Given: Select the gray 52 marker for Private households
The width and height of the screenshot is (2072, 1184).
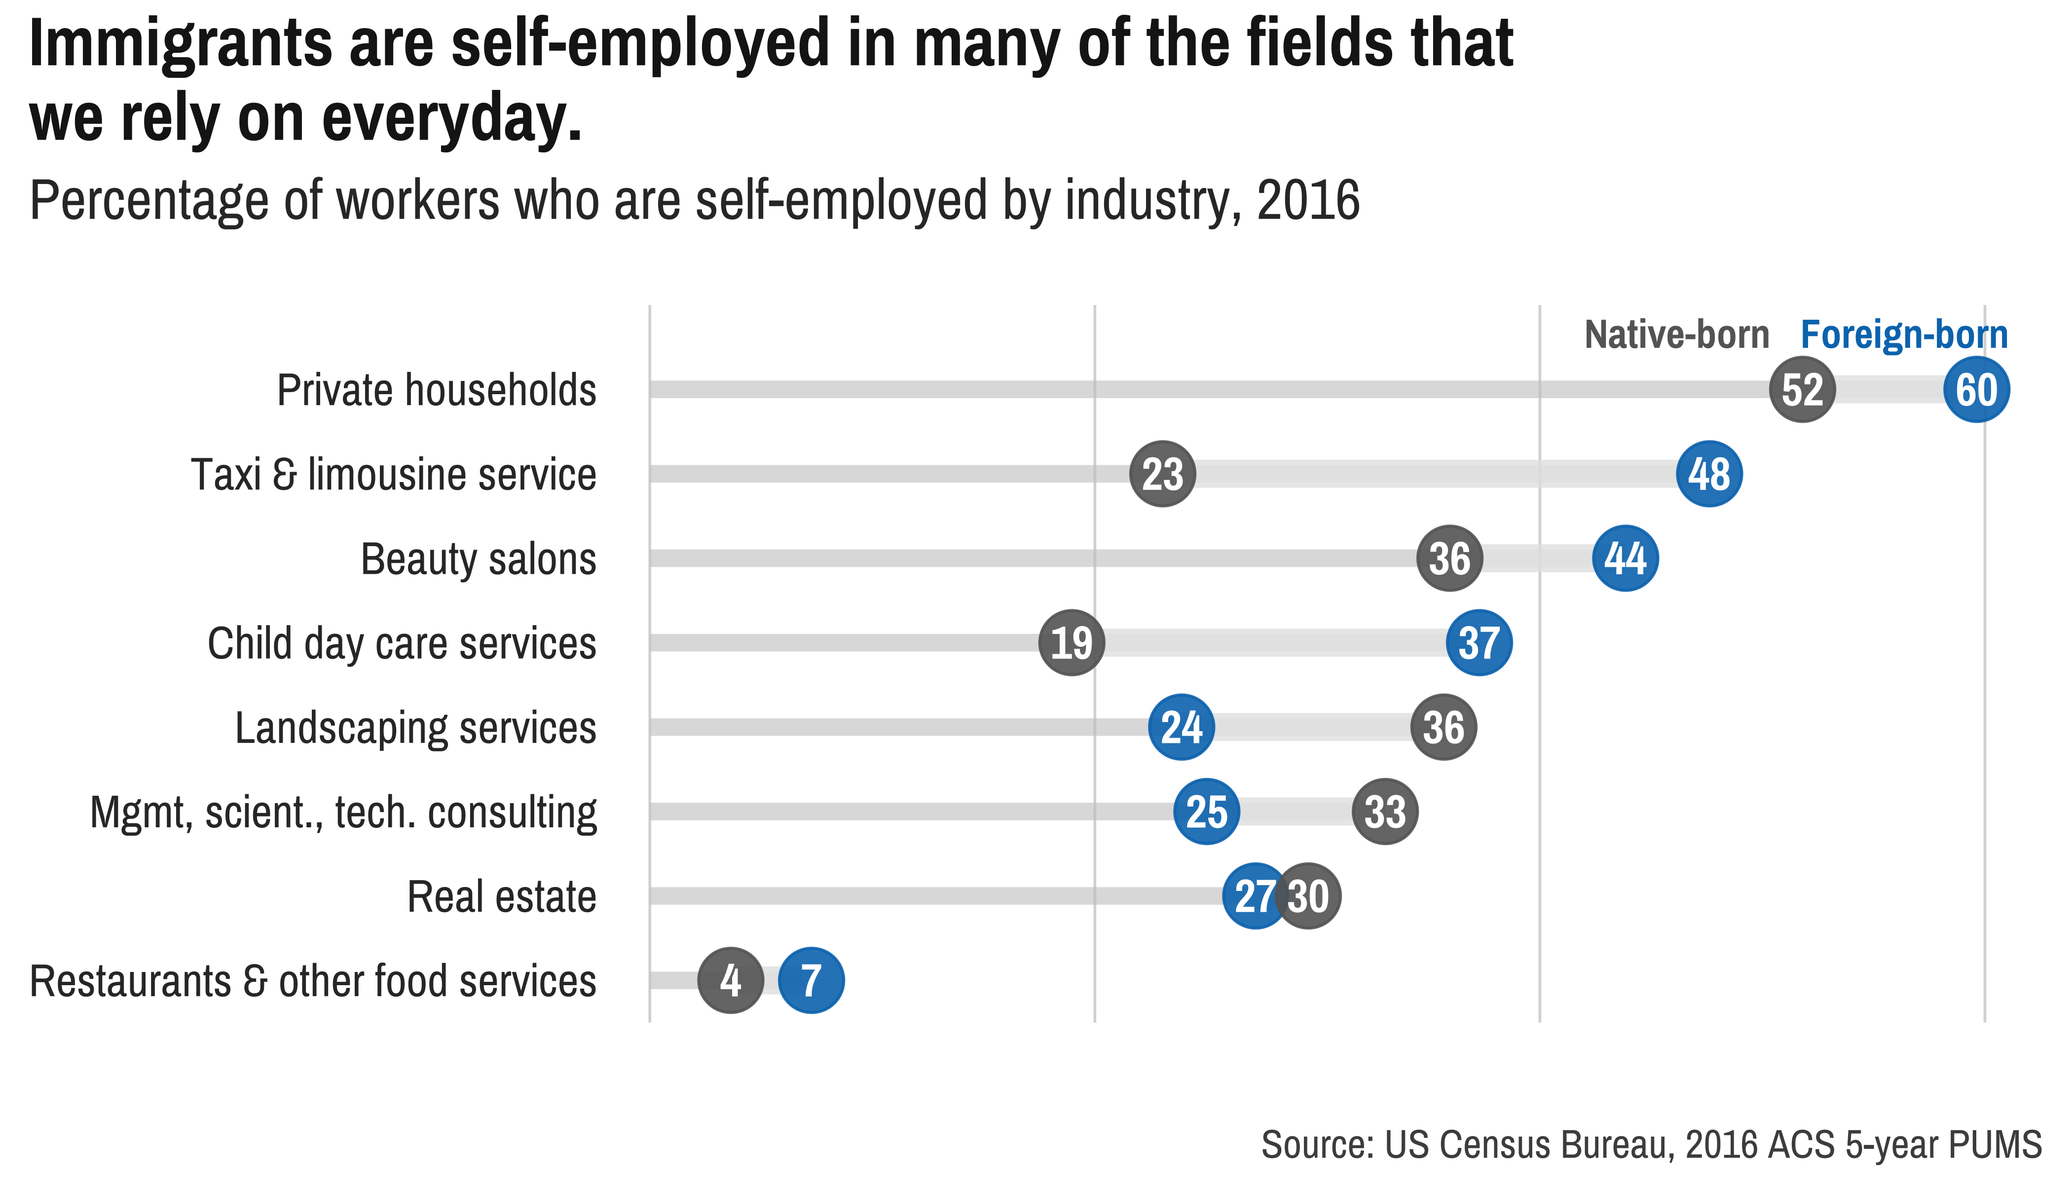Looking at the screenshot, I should (1802, 390).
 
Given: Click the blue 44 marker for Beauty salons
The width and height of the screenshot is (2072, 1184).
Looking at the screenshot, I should (1625, 558).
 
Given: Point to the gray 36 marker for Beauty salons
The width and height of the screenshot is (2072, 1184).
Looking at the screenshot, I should (1449, 558).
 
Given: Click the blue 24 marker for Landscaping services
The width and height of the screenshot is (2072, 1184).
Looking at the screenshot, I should (1181, 727).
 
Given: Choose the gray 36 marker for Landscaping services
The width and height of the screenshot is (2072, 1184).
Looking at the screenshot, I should (1443, 727).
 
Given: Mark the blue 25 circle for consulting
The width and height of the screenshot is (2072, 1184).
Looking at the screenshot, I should (1206, 812).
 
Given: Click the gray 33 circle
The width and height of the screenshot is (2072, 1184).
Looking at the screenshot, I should (1385, 812).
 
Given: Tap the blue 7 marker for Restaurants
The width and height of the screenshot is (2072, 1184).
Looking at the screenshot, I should (811, 981).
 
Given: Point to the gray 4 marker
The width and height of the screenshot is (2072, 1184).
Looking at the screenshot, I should (730, 981).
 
